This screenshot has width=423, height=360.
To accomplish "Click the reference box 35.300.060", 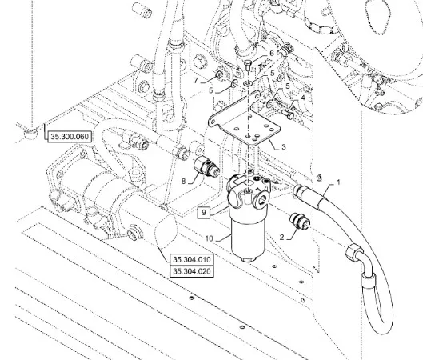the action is [70, 137].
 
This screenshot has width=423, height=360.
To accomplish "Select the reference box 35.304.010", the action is [192, 260].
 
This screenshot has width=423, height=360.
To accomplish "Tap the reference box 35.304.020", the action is [192, 271].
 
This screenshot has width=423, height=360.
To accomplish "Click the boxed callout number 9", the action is [204, 212].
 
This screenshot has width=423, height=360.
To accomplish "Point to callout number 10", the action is [209, 238].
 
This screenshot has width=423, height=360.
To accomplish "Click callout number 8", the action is [183, 181].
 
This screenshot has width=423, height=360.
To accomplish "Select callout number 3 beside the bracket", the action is [284, 147].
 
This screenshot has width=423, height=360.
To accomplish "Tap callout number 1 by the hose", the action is [338, 182].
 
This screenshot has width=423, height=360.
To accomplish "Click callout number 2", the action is [282, 238].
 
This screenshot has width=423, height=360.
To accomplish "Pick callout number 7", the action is [196, 81].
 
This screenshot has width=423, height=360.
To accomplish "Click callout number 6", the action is [272, 53].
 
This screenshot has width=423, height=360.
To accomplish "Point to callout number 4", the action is [303, 98].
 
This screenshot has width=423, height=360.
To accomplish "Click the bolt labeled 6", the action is [248, 66].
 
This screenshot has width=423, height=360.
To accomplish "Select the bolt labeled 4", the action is [288, 114].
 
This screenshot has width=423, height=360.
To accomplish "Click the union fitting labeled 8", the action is [207, 166].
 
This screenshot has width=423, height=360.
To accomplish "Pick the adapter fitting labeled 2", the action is [299, 221].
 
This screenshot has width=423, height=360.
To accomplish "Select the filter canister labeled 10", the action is [249, 238].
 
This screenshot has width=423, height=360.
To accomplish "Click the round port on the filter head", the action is [261, 201].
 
